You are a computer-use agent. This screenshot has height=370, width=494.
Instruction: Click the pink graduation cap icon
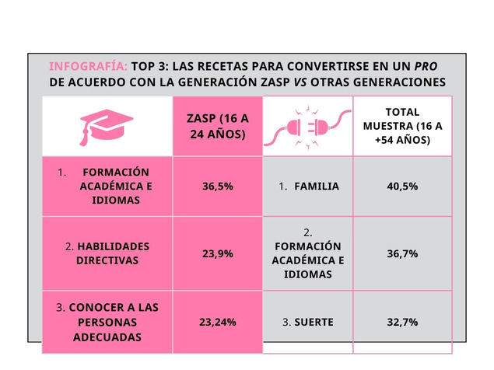(x=107, y=126)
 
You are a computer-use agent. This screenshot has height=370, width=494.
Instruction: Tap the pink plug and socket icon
(x=307, y=126)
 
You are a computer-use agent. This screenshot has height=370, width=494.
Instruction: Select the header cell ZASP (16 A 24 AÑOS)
(x=217, y=126)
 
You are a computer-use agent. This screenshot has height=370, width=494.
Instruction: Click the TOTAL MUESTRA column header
(x=402, y=126)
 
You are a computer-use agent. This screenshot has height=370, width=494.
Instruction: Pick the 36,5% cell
(x=217, y=187)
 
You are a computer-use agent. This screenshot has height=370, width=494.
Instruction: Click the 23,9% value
(x=217, y=253)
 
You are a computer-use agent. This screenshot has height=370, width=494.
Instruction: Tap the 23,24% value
(x=217, y=321)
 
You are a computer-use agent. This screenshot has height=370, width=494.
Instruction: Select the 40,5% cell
(x=402, y=187)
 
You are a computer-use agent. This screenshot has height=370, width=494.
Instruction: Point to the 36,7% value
(x=402, y=253)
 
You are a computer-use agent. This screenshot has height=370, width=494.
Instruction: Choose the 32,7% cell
(x=402, y=321)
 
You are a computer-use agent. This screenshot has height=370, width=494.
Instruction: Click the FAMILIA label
(x=316, y=187)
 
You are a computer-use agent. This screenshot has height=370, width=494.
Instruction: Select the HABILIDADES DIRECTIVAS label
(x=107, y=253)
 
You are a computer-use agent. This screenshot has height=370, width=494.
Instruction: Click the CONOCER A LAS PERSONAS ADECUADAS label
(x=107, y=321)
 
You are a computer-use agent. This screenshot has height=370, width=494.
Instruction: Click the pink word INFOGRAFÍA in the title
(x=88, y=65)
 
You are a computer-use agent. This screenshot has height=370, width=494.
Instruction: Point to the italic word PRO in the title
(x=426, y=65)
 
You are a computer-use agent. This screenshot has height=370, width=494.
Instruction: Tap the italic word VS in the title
(x=298, y=82)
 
